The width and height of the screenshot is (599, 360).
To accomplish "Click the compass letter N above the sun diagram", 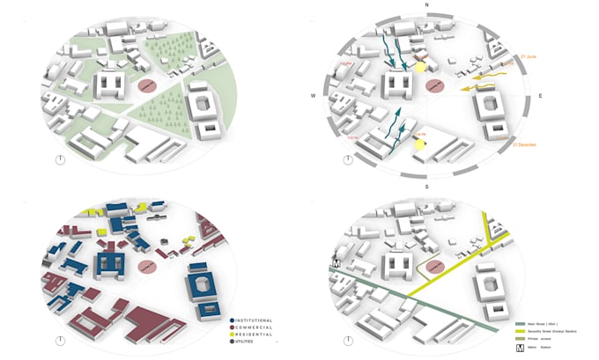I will (x=426, y=5).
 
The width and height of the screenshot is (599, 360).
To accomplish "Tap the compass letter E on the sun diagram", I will (x=538, y=95).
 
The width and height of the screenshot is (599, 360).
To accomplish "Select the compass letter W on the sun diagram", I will (x=313, y=96).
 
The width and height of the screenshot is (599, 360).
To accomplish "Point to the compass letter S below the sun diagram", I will (x=426, y=187).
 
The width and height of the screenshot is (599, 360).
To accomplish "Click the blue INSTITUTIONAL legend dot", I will (x=231, y=320).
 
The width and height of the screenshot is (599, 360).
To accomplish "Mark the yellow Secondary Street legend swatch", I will (x=520, y=330).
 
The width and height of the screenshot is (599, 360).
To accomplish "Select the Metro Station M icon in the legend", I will (x=520, y=346).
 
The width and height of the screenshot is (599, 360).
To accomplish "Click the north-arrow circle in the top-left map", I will (x=59, y=159).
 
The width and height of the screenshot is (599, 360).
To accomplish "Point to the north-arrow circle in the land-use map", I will (x=59, y=341).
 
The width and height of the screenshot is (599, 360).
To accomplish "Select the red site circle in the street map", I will (x=433, y=267).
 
